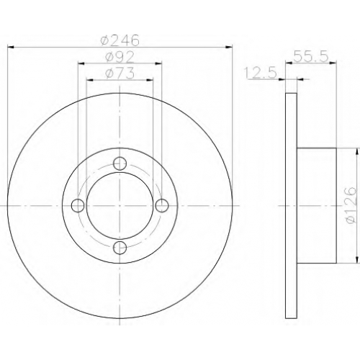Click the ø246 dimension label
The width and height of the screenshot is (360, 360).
click(120, 40)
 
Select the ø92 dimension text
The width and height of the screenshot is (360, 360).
click(120, 57)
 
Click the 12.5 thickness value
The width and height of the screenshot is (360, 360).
click(261, 73)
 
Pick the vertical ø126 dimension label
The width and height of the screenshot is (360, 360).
click(350, 205)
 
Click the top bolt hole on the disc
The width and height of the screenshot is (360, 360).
click(120, 163)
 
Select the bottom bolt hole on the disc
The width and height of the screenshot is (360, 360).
click(120, 248)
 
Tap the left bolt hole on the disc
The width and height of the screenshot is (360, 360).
click(78, 206)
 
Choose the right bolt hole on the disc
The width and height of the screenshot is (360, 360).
click(161, 206)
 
